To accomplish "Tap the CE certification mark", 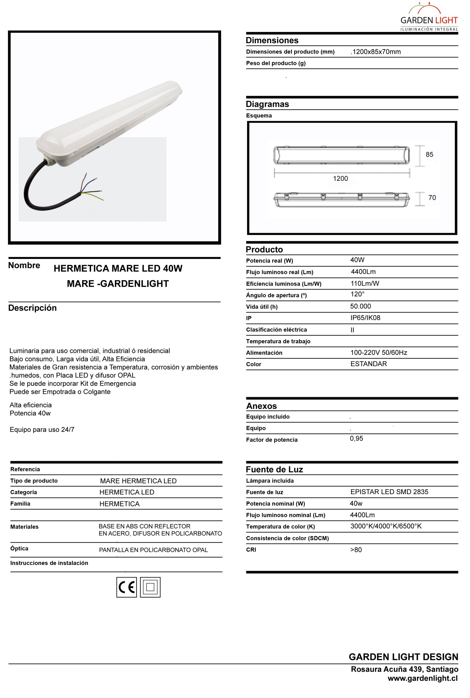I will pos(126,587).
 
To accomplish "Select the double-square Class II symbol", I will pos(150,587).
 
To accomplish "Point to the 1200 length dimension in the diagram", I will pos(341,179).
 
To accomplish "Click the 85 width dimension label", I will pos(429,155).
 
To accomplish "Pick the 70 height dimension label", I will pos(432,198).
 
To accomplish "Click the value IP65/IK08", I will pos(365,318).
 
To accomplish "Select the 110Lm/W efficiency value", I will pos(365,284).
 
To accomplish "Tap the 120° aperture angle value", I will pos(357,294).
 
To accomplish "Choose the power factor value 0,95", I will pos(356,438).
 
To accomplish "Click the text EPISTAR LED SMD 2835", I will pos(389,492).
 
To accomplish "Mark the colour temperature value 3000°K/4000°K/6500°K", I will pos(386,526).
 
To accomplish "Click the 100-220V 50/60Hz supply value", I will pos(378,353).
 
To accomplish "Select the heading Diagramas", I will pos(267,104).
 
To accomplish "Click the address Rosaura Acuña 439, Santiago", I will pos(404,669).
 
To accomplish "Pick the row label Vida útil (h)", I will pos(262,306).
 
